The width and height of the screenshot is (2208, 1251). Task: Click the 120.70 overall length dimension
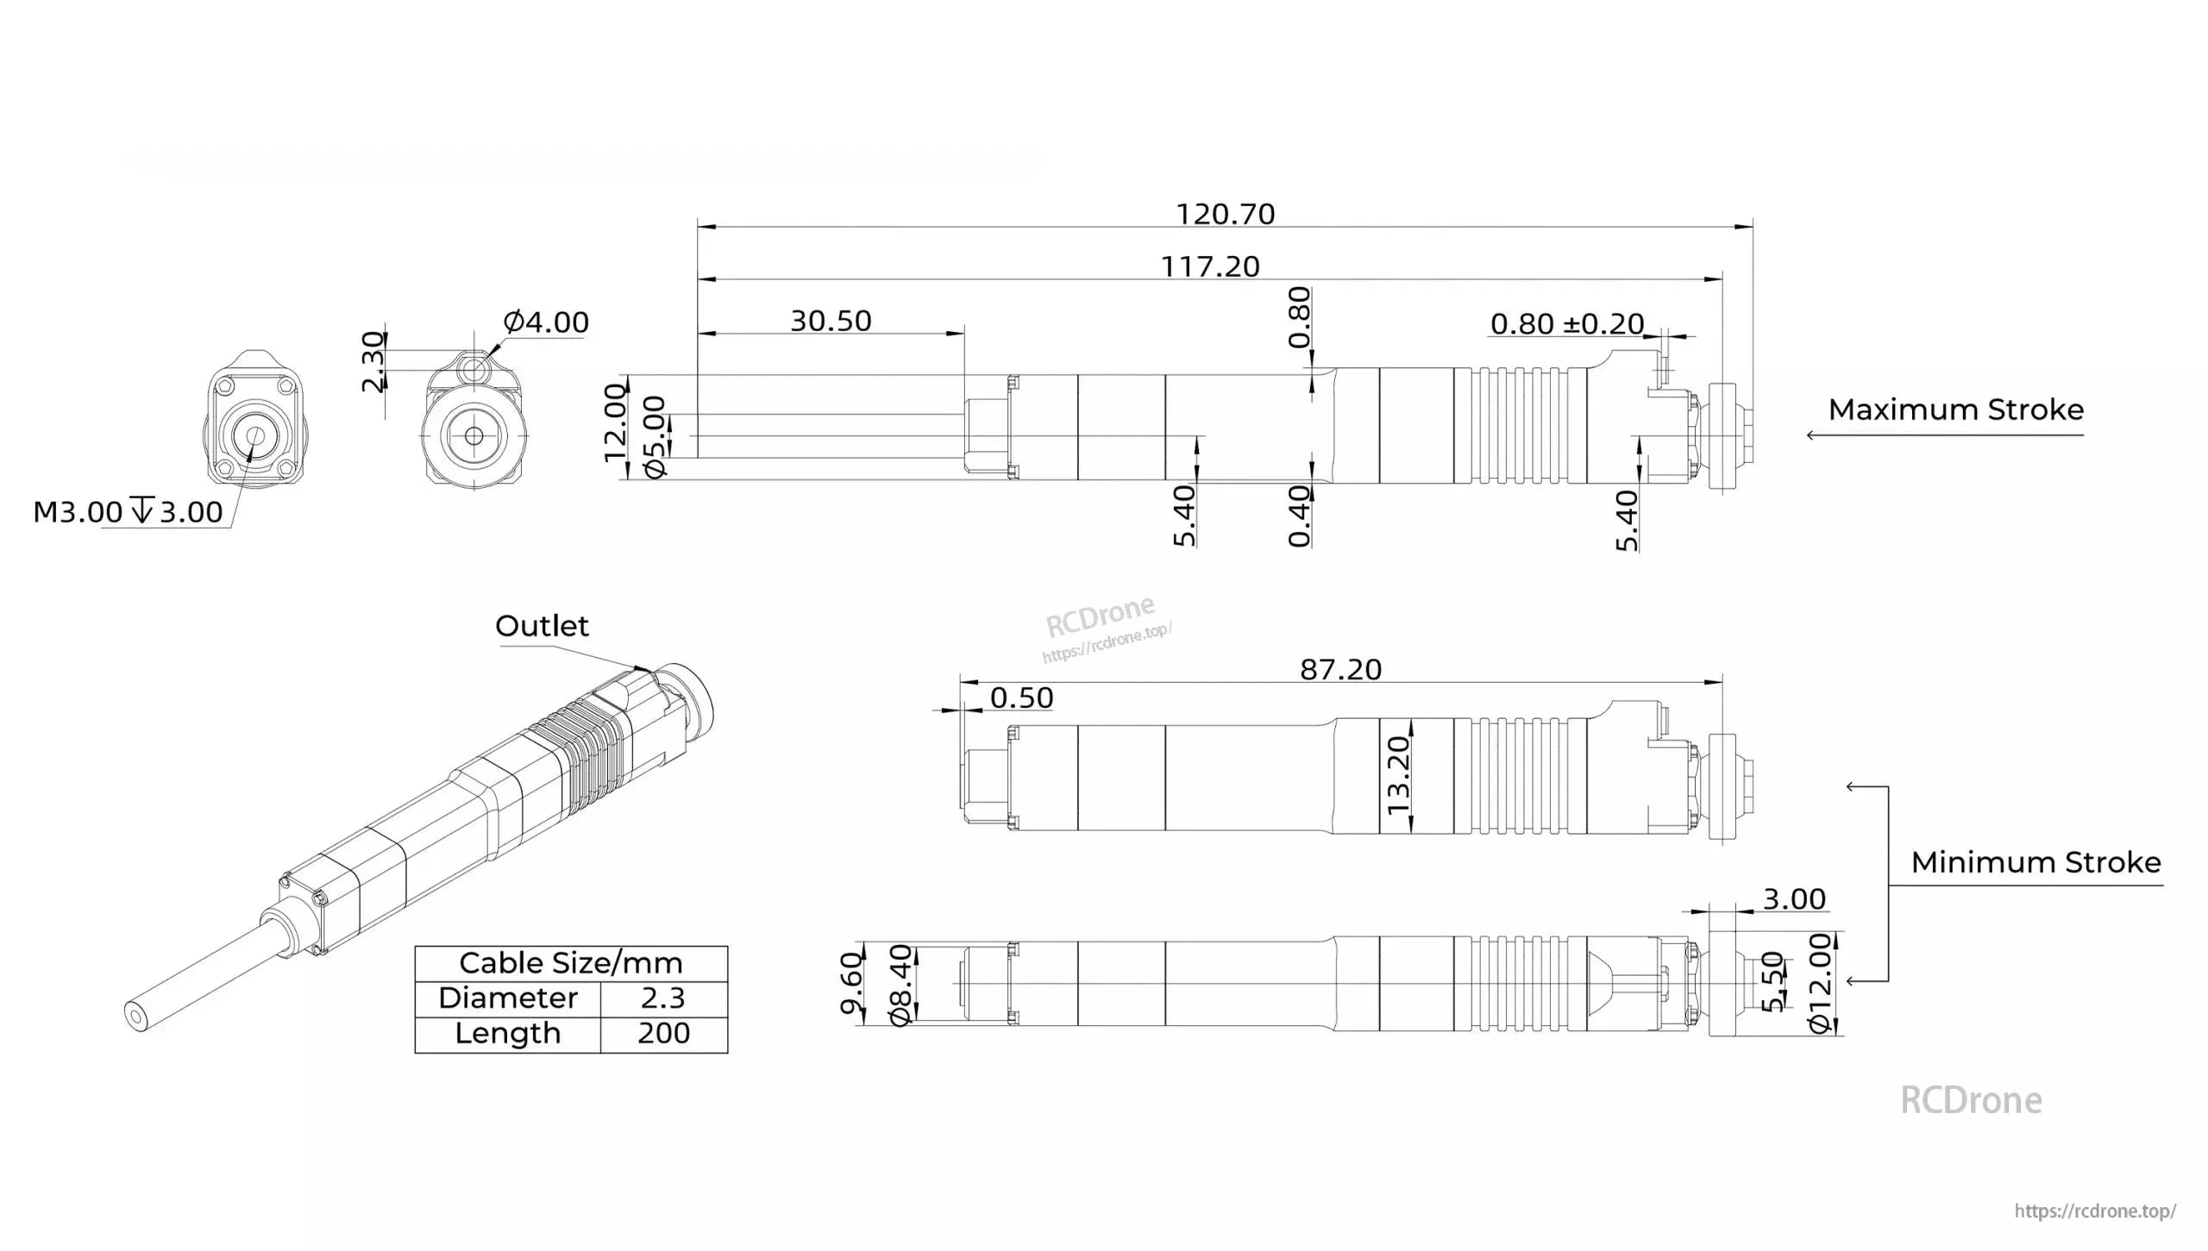point(1225,214)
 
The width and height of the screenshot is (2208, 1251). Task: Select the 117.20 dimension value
point(1210,266)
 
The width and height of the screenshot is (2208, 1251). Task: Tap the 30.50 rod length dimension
point(831,321)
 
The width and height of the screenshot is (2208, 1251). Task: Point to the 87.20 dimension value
point(1340,669)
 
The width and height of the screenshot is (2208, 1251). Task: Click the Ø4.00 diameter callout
point(545,322)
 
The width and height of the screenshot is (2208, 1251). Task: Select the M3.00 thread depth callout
point(128,512)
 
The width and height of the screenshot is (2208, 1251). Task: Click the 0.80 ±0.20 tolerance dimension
point(1566,324)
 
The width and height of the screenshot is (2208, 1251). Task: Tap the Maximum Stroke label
point(1955,410)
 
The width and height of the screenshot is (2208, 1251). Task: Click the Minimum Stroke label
point(2035,862)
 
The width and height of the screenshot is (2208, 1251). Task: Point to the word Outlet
point(542,626)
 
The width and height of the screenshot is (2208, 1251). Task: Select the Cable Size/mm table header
point(570,963)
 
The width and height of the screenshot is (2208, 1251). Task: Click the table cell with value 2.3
point(662,998)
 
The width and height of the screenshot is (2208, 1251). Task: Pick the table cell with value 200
point(662,1034)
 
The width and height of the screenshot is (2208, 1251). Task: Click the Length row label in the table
point(507,1034)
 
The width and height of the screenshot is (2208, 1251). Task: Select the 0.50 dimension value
point(1021,697)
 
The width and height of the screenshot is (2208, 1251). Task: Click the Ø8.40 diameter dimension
point(900,985)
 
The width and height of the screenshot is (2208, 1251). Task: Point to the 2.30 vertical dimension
point(373,361)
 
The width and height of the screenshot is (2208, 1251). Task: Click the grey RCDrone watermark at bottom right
point(1971,1101)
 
